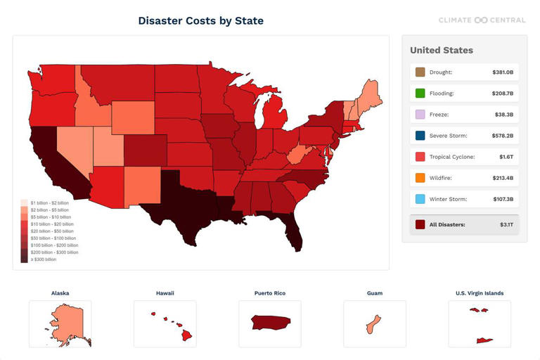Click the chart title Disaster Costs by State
[x=200, y=20]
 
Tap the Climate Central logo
[x=482, y=20]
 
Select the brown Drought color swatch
[x=420, y=72]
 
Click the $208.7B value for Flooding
[x=502, y=94]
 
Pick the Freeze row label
[x=439, y=115]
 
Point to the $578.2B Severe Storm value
[x=502, y=136]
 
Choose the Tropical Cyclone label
[x=452, y=157]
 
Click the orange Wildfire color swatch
[x=420, y=178]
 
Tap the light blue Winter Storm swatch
[x=420, y=199]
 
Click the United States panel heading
[x=442, y=51]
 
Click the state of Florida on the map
[x=294, y=232]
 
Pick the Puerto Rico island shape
[x=270, y=323]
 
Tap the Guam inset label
[x=375, y=293]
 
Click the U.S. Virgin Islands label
[x=480, y=293]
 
